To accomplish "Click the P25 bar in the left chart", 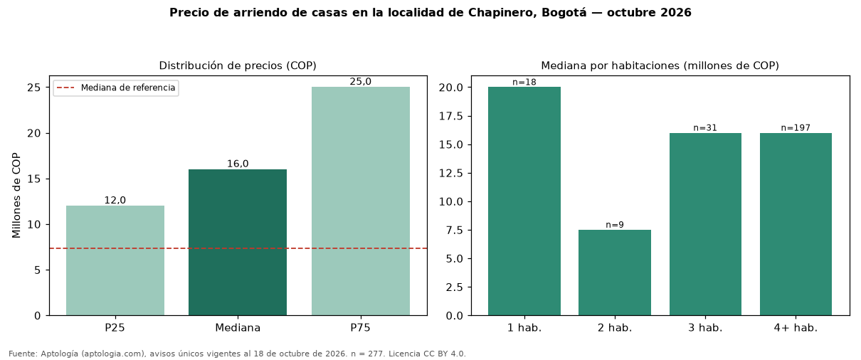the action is coord(115,260).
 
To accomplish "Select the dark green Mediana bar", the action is coord(238,243).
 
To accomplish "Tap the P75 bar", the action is coord(361,201).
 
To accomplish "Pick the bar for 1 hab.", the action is coord(524,201).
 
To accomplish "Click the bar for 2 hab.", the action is coord(615,272).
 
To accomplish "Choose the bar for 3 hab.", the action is coord(705,224).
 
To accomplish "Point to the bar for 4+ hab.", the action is coord(796,224).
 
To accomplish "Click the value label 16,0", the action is coord(238,164).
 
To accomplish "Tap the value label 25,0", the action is coord(361,81).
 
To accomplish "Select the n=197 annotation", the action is coord(796,127).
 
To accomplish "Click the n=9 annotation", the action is coord(615,225).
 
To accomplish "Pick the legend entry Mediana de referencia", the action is coord(116,88).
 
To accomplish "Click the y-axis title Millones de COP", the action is coord(16,195).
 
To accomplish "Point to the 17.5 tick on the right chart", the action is coord(451,116).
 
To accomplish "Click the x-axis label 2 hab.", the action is coord(615,328).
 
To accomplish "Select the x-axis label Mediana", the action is coord(238,328).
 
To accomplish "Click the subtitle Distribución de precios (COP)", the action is coord(238,65).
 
